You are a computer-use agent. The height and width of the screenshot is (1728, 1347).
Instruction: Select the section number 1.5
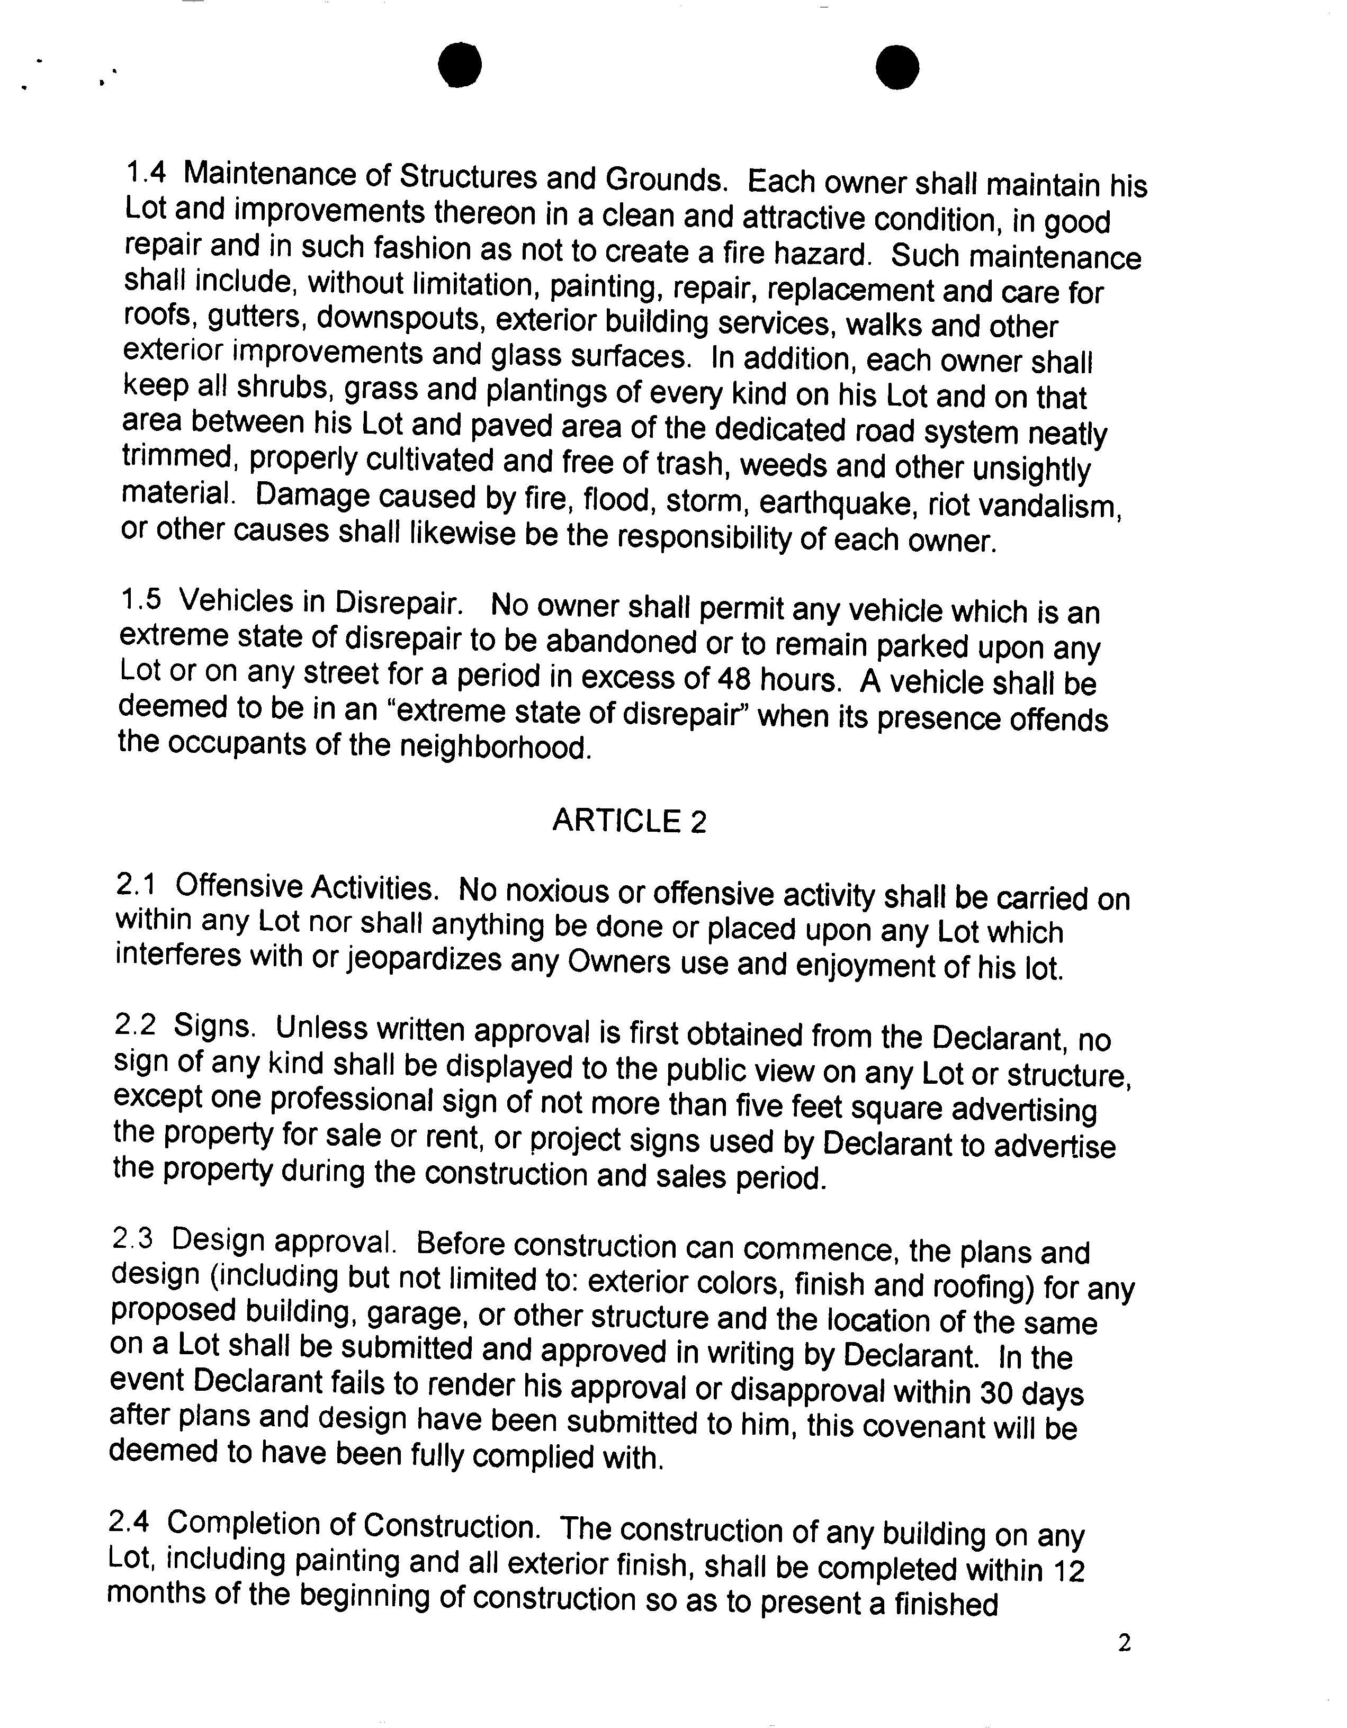pyautogui.click(x=140, y=600)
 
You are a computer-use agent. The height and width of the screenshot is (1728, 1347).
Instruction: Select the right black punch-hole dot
pyautogui.click(x=897, y=67)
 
